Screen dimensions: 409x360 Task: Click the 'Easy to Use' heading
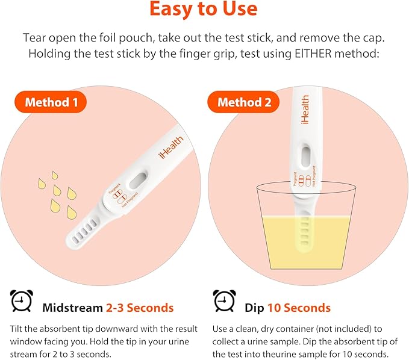(204, 8)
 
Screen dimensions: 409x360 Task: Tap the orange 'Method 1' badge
(51, 102)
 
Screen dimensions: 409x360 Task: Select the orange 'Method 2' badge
(243, 102)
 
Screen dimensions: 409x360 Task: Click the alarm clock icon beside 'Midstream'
(22, 301)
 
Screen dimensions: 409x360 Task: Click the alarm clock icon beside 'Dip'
(224, 301)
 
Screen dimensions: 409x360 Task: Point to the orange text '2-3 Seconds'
(140, 308)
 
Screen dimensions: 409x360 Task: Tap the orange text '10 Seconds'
(299, 308)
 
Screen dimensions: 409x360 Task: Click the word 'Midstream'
(72, 308)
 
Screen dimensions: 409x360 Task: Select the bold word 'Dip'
(254, 308)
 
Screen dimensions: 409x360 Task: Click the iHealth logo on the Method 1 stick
(171, 147)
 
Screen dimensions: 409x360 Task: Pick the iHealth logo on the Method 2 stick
(305, 109)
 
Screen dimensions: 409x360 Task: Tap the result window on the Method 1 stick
(139, 180)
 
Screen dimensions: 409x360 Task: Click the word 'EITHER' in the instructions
(313, 54)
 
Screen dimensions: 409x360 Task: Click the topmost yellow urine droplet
(54, 175)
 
